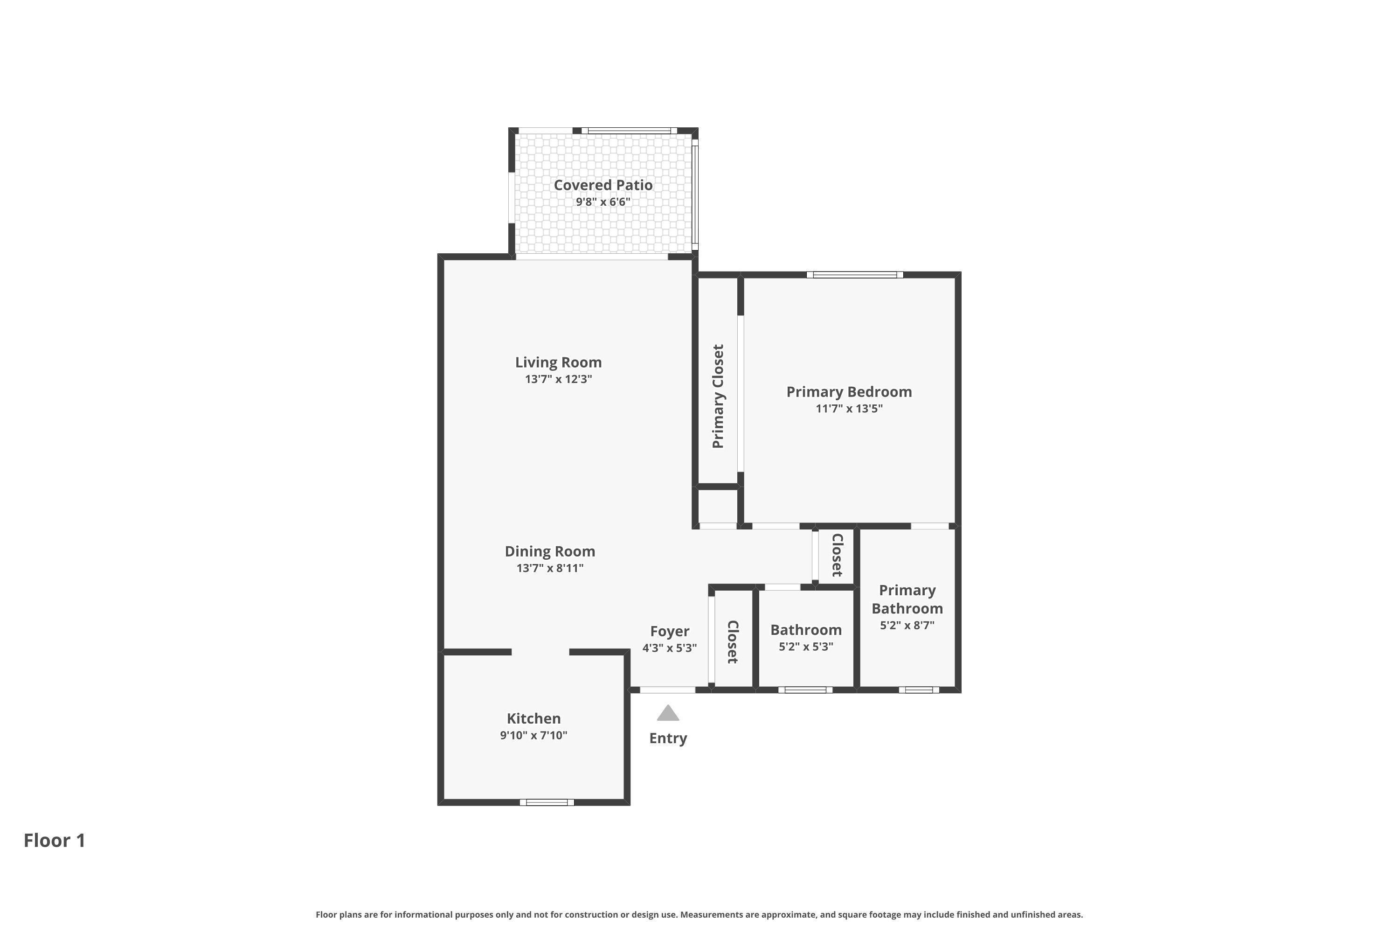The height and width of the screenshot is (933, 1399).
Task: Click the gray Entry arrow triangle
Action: tap(667, 713)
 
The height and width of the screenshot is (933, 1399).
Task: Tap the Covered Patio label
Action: tap(603, 185)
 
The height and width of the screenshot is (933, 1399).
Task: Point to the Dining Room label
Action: tap(550, 551)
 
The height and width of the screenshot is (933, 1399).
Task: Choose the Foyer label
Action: tap(669, 631)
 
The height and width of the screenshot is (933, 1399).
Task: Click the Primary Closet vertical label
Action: tap(718, 396)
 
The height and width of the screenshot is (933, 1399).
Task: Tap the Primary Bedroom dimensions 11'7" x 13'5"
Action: tap(849, 408)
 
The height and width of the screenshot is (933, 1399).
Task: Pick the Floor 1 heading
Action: tap(55, 840)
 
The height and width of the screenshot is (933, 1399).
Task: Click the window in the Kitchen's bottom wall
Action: tap(547, 802)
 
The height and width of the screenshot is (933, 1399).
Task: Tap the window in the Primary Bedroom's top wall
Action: tap(855, 275)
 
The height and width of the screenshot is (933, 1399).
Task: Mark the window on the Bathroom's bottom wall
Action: tap(805, 689)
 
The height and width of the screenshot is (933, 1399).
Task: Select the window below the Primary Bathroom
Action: tap(919, 689)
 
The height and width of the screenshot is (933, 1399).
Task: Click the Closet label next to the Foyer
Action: tap(733, 642)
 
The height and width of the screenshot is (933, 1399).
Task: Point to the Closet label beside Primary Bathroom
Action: tap(837, 555)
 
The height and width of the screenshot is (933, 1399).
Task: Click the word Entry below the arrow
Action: tap(668, 738)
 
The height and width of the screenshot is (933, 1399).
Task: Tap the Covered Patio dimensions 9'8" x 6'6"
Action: tap(603, 202)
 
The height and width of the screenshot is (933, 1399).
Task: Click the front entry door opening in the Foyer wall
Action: tap(667, 689)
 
